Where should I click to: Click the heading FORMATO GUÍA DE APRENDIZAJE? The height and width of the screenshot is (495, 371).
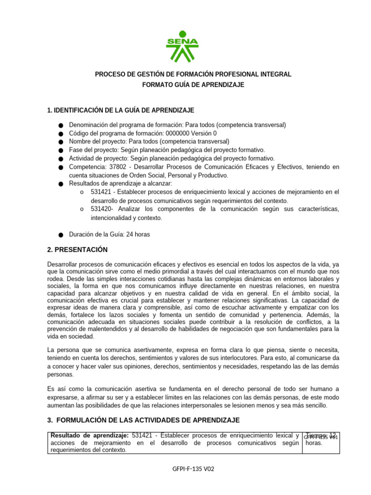click(193, 85)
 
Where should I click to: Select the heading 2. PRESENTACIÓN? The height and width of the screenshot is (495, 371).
click(77, 249)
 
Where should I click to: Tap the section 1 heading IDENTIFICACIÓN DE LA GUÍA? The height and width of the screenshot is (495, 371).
click(121, 111)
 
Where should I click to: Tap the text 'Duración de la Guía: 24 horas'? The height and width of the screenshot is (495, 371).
click(109, 234)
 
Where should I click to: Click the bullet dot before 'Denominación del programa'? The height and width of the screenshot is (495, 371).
click(60, 126)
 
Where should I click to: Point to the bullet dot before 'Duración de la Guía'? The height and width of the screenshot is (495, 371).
click(60, 235)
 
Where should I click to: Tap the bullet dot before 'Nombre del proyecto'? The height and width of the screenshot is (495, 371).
click(60, 142)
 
